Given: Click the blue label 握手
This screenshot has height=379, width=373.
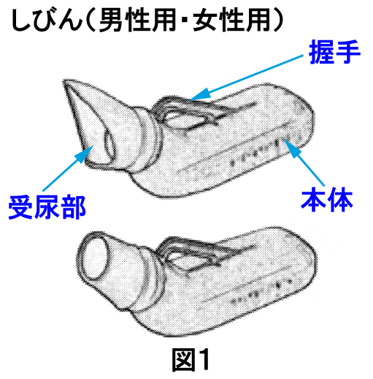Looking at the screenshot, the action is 334,52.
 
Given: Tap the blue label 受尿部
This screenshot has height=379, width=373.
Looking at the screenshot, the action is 47,208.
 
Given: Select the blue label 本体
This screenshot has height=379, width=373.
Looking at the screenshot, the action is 327,200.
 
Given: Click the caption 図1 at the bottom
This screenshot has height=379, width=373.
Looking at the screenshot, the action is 191,359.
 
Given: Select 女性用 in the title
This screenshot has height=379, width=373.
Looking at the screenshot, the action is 232,20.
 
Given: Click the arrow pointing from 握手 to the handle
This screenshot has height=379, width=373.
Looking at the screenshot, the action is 246,78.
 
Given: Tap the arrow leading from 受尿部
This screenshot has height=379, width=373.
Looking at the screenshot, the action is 68,168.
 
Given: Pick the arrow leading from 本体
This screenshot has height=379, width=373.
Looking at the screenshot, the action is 304,163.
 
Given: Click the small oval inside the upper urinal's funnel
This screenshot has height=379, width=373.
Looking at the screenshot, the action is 110,144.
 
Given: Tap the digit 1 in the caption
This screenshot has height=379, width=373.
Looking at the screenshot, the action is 203,359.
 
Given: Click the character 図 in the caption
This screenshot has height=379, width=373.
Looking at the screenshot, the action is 182,359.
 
